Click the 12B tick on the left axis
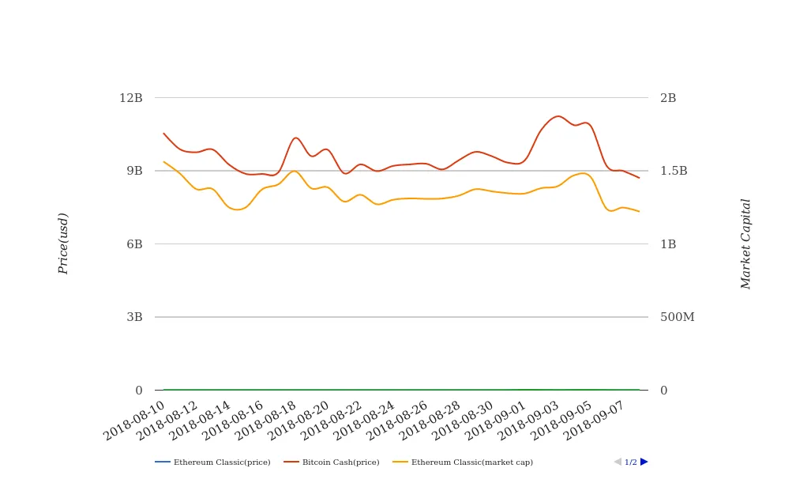coord(131,98)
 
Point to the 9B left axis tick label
coord(134,171)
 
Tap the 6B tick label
coord(134,244)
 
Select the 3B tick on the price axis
coord(134,317)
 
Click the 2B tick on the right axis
coord(668,98)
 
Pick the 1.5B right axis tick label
coord(674,171)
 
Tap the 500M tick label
coord(677,317)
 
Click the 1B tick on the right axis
coord(668,244)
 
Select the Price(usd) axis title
coord(64,243)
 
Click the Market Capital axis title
coord(746,243)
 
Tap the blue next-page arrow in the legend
coord(644,462)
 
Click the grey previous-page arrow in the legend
coord(618,462)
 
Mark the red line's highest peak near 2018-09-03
coord(558,116)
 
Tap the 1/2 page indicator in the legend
coord(631,462)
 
